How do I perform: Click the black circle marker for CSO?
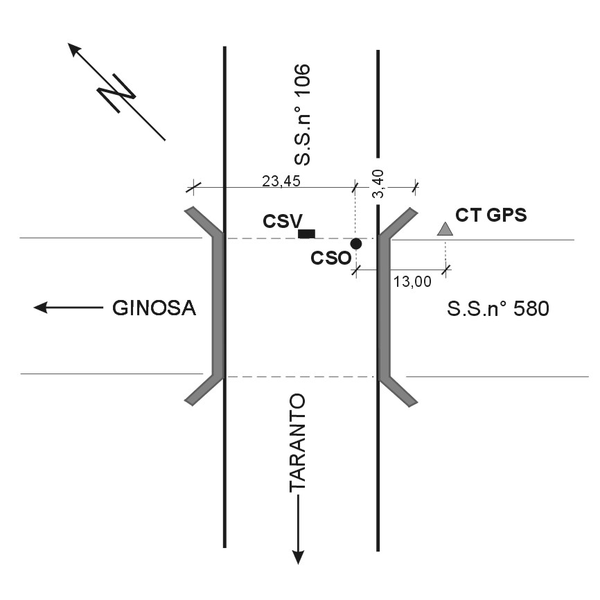pyautogui.click(x=356, y=244)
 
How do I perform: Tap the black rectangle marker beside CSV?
pyautogui.click(x=306, y=233)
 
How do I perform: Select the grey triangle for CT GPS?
pyautogui.click(x=445, y=229)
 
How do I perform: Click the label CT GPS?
pyautogui.click(x=491, y=215)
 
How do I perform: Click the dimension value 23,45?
pyautogui.click(x=276, y=181)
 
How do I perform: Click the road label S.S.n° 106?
pyautogui.click(x=303, y=116)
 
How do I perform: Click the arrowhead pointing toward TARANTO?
pyautogui.click(x=298, y=556)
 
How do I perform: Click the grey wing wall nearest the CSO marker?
pyautogui.click(x=385, y=305)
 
